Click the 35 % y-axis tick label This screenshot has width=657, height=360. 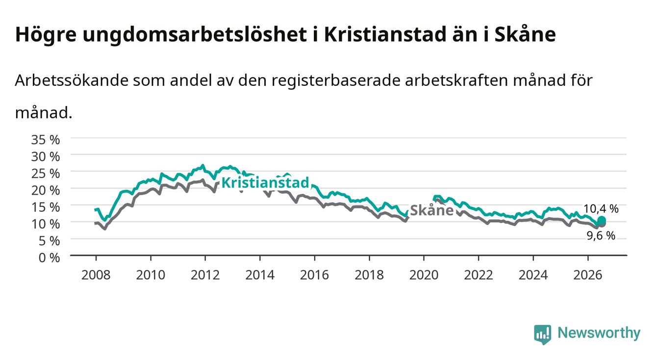click(46, 140)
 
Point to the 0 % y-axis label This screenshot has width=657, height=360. click(49, 258)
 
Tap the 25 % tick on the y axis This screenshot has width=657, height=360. click(46, 174)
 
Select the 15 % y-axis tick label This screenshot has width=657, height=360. click(46, 207)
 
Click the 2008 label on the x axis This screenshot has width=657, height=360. click(96, 275)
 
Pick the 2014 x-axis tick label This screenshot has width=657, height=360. click(260, 275)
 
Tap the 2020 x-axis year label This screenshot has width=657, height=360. click(424, 275)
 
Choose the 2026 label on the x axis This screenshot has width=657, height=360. click(588, 275)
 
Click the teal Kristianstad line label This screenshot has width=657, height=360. click(265, 182)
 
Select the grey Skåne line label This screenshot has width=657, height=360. click(432, 210)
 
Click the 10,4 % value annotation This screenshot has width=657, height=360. click(601, 208)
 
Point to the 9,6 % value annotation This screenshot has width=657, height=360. click(601, 235)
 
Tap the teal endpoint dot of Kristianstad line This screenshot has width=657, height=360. click(602, 220)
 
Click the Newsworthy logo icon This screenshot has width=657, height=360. click(543, 334)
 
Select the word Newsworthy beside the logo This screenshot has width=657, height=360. click(599, 333)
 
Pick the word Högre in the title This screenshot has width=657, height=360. click(46, 35)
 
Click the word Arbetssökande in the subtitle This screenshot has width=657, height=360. click(72, 80)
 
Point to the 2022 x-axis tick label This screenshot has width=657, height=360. click(479, 275)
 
